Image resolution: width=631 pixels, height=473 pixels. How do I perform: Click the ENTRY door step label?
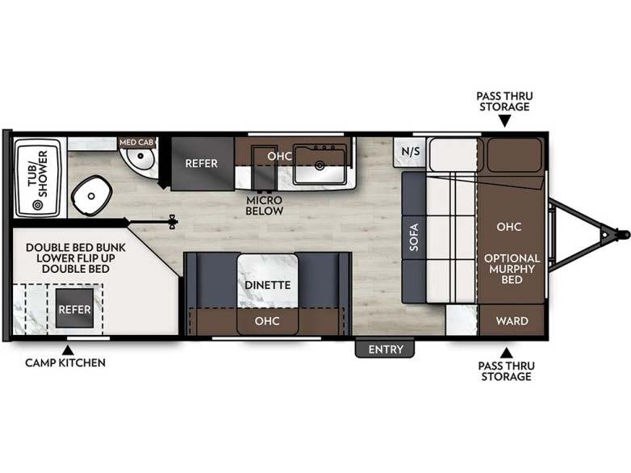(386, 350)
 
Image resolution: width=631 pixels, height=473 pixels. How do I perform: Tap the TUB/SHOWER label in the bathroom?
(37, 174)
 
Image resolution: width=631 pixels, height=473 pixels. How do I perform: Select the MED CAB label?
(136, 143)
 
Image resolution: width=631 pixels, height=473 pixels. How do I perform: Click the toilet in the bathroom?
(91, 195)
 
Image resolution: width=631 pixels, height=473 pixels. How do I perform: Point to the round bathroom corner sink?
(140, 157)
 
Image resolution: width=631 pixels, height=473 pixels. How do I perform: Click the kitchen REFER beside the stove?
(202, 163)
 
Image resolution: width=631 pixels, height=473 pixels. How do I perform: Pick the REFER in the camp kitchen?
(74, 309)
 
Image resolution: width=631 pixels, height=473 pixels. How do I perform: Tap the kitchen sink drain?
(320, 165)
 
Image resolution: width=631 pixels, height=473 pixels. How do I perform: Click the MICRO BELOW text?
(265, 205)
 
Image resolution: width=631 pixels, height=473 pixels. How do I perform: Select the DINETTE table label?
(268, 285)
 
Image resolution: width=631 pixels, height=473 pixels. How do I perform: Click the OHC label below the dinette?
(267, 320)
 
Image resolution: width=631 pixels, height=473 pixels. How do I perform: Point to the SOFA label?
(414, 237)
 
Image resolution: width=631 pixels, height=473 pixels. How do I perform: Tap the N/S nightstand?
(411, 152)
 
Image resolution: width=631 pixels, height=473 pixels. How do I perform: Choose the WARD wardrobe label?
(512, 320)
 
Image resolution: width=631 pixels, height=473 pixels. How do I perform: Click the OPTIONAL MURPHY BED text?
(512, 269)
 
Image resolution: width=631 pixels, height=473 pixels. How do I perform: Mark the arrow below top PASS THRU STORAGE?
(505, 121)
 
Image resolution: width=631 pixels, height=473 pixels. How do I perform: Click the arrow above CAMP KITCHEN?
(68, 350)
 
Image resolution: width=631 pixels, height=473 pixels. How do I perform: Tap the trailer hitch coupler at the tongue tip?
(625, 234)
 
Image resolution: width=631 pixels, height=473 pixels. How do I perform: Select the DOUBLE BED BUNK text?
(76, 248)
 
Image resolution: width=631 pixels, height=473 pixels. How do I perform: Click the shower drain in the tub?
(38, 206)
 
